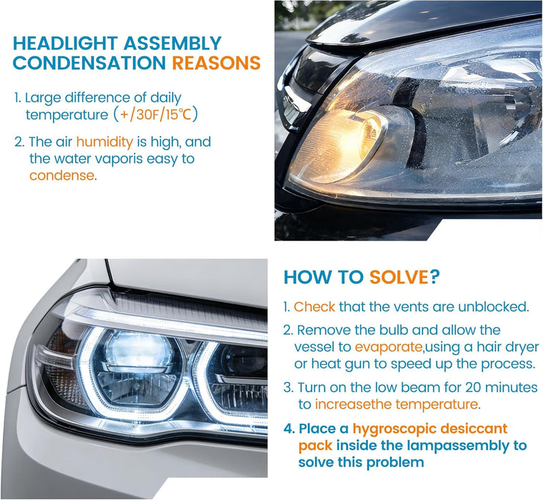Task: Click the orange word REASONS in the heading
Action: tap(216, 63)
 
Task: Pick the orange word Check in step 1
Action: tap(314, 307)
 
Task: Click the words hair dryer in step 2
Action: tap(492, 348)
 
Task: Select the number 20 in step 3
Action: tap(461, 388)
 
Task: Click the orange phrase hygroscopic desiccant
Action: tap(428, 429)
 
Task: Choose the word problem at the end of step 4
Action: tap(395, 462)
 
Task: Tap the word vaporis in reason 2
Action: tap(126, 159)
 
